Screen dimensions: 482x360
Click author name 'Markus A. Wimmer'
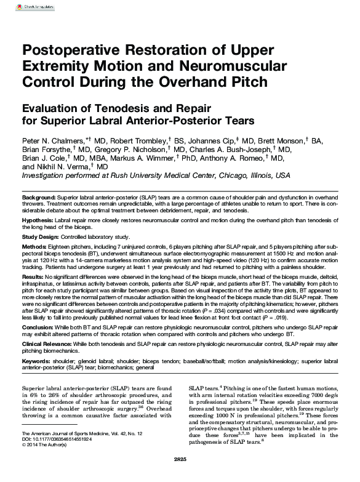142,158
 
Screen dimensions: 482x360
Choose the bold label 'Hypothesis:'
38,219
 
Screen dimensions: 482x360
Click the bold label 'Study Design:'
40,236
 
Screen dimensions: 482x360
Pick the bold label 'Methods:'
34,246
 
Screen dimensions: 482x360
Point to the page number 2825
180,460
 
